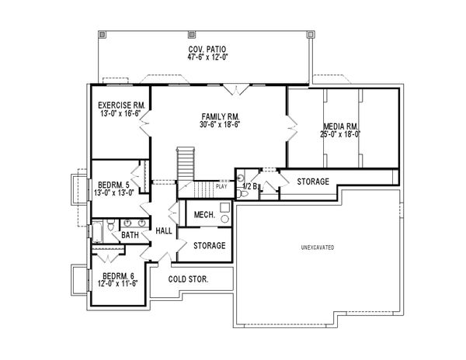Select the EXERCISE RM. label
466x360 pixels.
click(120, 105)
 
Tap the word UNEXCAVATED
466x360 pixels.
click(317, 247)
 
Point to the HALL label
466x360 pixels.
click(164, 230)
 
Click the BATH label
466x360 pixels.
click(129, 234)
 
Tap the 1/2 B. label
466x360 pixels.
click(250, 187)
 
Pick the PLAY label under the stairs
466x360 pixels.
click(221, 186)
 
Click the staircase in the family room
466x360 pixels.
click(186, 164)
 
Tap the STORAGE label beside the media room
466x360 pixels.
click(313, 181)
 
